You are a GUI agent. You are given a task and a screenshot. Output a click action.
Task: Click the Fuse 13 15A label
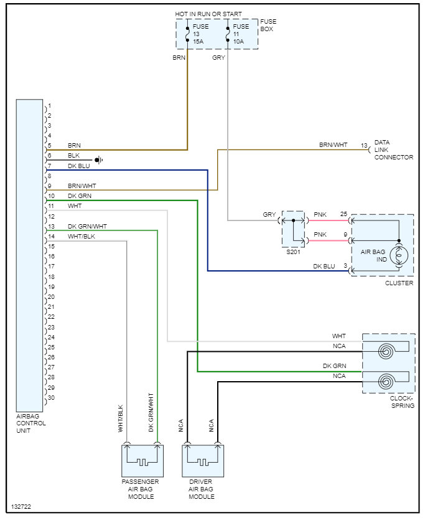click(x=199, y=34)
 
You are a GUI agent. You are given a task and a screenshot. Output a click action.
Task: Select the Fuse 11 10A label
click(x=241, y=34)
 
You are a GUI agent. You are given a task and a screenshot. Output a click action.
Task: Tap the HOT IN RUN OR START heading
click(x=208, y=14)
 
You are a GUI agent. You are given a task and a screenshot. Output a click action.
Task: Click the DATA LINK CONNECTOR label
click(x=393, y=150)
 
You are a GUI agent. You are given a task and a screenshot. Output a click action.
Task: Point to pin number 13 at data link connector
click(x=364, y=146)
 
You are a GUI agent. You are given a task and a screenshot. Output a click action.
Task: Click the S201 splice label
click(x=293, y=252)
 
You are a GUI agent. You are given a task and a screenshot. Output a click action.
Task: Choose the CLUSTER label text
click(x=399, y=283)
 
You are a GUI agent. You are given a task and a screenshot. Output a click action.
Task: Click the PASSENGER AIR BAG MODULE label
click(x=140, y=489)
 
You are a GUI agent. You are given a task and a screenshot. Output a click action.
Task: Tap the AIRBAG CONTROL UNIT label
click(x=31, y=423)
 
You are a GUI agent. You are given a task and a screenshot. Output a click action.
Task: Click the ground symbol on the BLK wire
click(x=98, y=160)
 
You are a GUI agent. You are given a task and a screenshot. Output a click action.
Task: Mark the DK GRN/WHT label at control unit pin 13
click(x=87, y=226)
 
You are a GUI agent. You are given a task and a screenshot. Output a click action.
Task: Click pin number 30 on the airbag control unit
click(x=51, y=397)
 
